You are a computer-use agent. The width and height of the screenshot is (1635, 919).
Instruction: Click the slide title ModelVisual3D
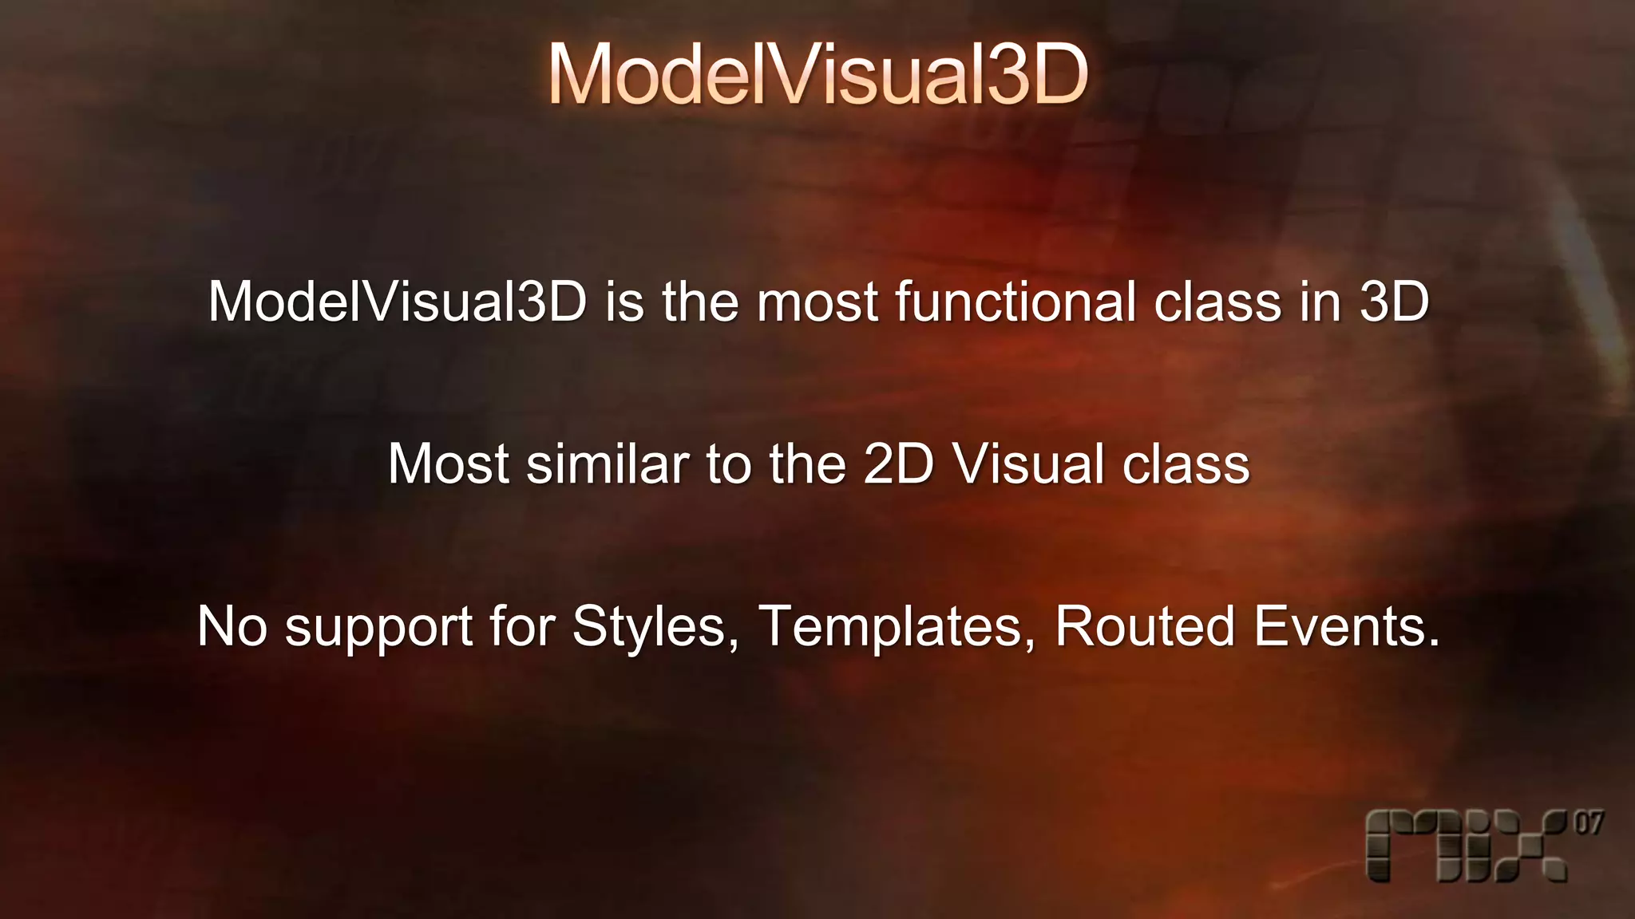point(817,74)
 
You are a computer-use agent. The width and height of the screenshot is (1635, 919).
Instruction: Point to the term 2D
point(898,463)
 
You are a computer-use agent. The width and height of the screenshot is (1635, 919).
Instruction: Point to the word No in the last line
point(232,626)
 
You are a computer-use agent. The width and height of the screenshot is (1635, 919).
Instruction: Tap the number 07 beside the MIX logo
point(1589,823)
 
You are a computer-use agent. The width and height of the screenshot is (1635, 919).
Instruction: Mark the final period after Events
point(1435,643)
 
